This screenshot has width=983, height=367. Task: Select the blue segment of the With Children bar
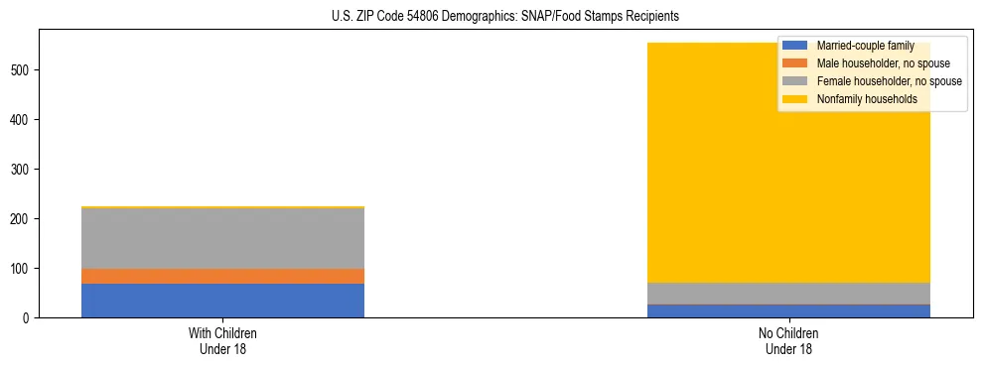point(222,301)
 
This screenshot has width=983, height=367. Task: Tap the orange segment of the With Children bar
point(222,276)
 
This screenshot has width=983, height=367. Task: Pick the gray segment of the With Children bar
point(222,238)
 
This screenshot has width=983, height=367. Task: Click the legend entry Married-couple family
point(865,46)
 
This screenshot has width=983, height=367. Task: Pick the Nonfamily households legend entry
point(867,99)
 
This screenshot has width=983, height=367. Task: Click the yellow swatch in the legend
point(795,99)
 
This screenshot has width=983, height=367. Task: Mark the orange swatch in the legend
point(795,63)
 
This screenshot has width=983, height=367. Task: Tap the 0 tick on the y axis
point(30,317)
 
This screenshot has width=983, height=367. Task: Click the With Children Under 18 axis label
point(222,340)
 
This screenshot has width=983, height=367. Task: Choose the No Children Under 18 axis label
point(789,340)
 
